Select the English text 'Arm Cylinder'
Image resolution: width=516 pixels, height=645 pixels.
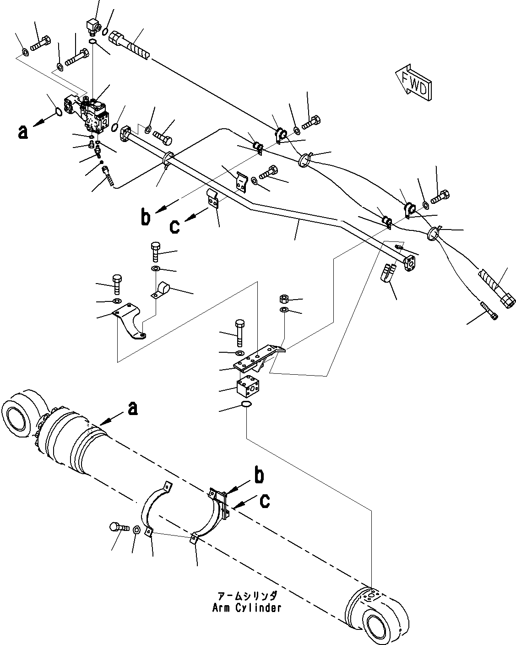(x=246, y=608)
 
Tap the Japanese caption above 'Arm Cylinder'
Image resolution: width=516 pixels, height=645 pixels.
(x=247, y=596)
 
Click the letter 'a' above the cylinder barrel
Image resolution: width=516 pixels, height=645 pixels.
(x=132, y=408)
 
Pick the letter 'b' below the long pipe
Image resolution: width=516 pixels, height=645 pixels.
(x=145, y=218)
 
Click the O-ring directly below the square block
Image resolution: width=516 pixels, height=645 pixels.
(x=246, y=404)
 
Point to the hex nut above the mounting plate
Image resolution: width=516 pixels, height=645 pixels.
(x=283, y=300)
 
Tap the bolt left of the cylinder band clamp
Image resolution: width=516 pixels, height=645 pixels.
(x=116, y=527)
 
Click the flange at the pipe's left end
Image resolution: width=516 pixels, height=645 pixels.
(x=128, y=135)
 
